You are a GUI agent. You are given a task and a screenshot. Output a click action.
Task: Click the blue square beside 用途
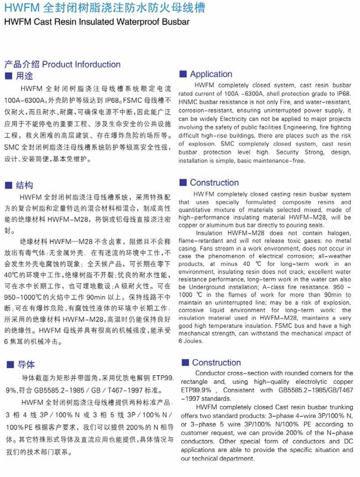(8, 76)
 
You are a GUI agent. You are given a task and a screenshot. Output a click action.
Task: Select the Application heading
(211, 74)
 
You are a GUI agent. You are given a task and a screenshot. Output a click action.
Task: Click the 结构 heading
(24, 185)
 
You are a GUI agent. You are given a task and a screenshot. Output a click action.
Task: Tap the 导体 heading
(26, 365)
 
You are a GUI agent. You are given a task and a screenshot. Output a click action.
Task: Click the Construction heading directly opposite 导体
(216, 363)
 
